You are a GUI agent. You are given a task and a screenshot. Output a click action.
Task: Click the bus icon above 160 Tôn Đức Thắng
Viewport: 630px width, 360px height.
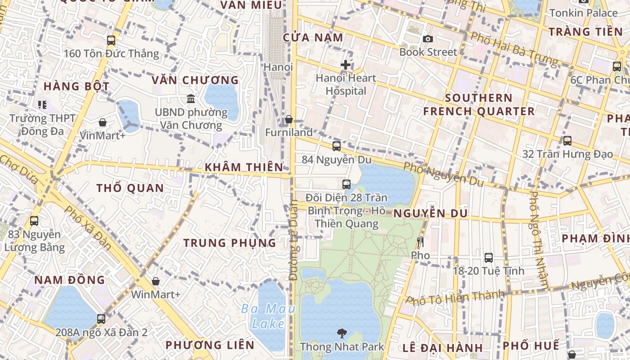111,40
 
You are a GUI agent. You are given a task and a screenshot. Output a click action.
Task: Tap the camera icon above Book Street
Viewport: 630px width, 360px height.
428,39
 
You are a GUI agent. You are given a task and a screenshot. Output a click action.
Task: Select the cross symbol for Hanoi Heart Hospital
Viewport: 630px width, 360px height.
346,65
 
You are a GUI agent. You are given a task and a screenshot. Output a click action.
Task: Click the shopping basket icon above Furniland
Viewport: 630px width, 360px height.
289,119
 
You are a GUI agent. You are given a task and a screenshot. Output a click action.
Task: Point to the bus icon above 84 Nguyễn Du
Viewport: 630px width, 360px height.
337,146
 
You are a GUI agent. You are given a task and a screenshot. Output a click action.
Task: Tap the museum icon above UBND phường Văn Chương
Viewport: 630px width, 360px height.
191,99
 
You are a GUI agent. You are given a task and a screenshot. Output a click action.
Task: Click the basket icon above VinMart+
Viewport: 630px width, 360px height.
103,122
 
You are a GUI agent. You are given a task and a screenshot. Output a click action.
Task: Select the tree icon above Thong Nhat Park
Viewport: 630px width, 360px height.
342,333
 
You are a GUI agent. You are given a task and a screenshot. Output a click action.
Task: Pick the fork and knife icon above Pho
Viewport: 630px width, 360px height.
420,242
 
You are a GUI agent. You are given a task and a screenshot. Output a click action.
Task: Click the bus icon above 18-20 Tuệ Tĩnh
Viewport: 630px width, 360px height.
489,258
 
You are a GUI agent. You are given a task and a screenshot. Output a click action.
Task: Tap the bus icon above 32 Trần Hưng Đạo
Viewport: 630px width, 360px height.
567,141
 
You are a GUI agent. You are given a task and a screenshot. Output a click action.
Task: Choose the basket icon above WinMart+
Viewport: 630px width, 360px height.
156,281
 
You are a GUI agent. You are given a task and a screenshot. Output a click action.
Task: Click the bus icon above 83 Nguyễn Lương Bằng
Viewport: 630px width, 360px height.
34,221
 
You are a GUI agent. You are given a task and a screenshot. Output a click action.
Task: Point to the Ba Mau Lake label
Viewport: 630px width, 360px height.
268,316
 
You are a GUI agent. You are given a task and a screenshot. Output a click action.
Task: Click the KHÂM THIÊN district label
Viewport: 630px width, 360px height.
244,167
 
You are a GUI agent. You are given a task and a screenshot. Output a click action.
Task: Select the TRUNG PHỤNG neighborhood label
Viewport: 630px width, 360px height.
229,243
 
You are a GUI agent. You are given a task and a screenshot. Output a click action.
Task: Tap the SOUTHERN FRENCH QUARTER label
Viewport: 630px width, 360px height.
479,104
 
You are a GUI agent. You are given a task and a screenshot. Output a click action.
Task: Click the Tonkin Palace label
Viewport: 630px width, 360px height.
584,13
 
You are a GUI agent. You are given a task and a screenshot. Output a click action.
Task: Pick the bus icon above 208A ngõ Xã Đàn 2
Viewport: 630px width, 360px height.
101,319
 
